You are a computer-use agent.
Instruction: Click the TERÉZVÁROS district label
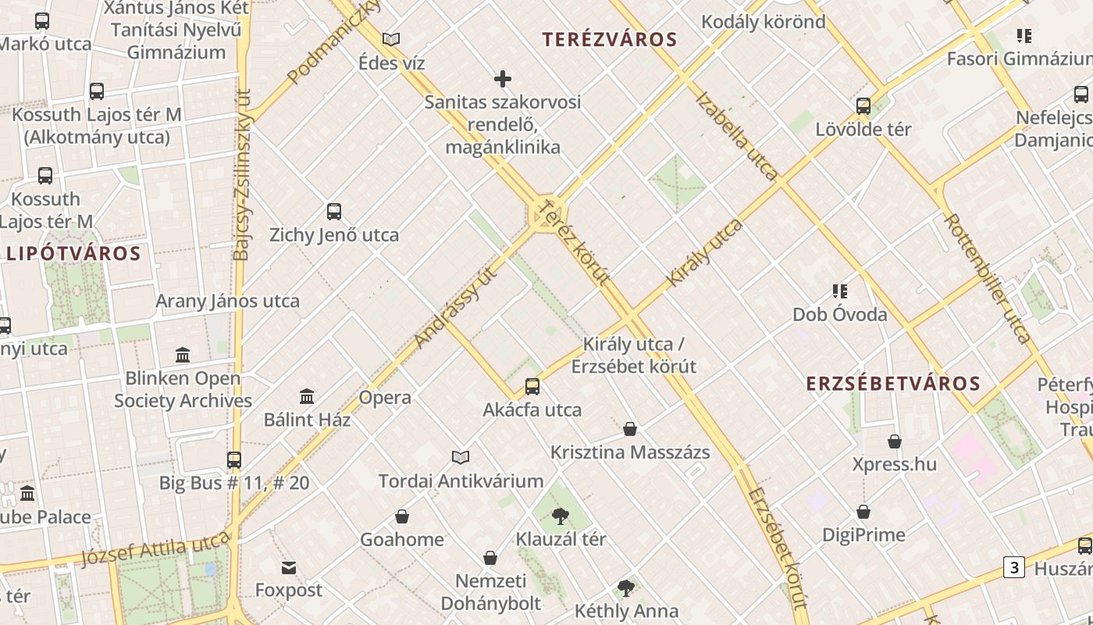click(610, 39)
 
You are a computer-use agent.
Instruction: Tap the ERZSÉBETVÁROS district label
click(892, 384)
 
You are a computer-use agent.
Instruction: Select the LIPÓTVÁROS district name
click(73, 253)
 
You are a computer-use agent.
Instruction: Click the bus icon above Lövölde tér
click(863, 106)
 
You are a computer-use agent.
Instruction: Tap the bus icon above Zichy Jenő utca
click(334, 212)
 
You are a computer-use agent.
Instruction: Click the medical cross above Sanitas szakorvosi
click(503, 79)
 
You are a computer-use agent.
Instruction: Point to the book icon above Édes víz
click(391, 39)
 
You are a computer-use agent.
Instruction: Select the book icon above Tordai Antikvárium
click(461, 457)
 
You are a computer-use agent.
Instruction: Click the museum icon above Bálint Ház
click(307, 396)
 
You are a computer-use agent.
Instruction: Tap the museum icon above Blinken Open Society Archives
click(183, 355)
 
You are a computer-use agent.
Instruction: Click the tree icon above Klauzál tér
click(560, 516)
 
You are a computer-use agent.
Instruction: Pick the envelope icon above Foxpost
click(289, 567)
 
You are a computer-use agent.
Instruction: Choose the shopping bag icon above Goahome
click(402, 516)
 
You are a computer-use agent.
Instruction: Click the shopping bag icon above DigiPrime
click(863, 512)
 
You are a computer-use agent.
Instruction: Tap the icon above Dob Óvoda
click(840, 291)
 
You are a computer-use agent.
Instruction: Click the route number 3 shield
click(1013, 567)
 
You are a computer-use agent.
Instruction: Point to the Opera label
click(385, 398)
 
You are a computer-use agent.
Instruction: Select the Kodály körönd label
click(763, 22)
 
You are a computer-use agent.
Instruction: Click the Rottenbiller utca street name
click(987, 278)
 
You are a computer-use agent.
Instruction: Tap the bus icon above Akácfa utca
click(532, 386)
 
